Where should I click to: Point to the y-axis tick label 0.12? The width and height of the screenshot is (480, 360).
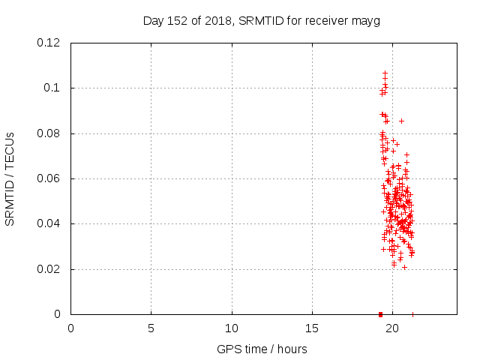point(50,43)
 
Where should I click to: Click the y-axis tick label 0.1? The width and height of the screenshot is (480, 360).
point(54,88)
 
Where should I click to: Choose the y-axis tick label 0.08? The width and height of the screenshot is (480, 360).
point(50,133)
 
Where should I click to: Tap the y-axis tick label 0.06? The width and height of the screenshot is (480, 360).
point(50,178)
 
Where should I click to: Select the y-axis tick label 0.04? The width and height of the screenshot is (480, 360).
point(50,223)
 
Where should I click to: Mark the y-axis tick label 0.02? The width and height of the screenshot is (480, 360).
point(50,268)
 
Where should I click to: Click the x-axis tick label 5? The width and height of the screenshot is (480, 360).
point(151,328)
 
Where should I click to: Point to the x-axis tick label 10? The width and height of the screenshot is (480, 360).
point(232,328)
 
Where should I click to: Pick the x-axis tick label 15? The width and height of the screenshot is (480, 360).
point(312,328)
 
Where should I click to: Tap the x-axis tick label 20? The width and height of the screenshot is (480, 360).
point(392,328)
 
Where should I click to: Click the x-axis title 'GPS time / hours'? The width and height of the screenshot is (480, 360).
point(262,349)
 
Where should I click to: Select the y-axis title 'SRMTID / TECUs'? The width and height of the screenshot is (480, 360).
point(10,178)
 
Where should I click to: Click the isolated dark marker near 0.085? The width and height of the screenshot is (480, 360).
point(401,121)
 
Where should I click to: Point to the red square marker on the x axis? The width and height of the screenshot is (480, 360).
point(380,314)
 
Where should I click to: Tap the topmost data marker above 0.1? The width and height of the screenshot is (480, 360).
point(385,73)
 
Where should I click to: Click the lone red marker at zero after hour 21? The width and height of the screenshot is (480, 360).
point(412,314)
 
